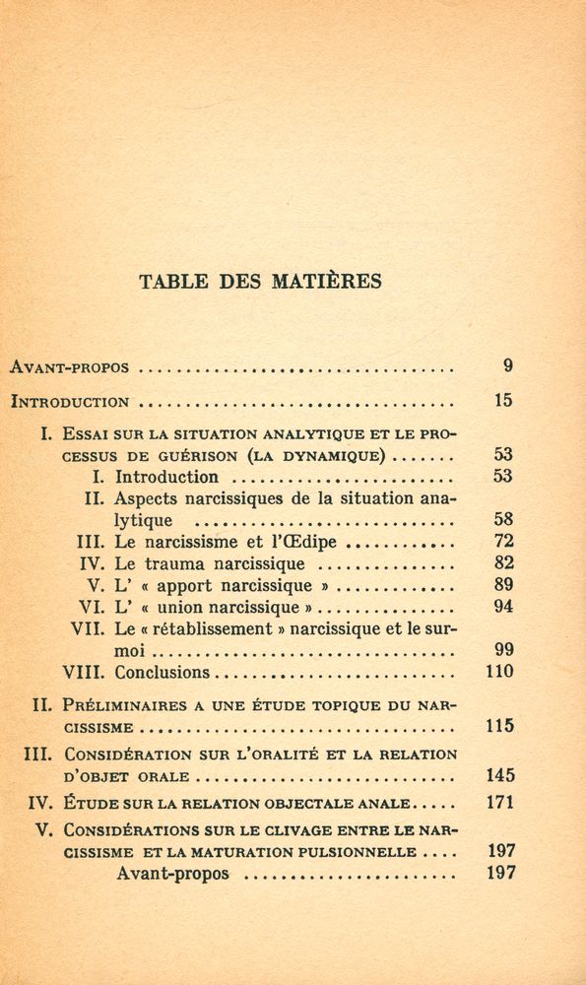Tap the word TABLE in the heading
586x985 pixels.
(x=174, y=281)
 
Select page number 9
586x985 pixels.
(x=507, y=366)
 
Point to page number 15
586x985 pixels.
(x=503, y=401)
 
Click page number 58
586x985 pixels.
(x=503, y=519)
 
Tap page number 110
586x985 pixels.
(x=500, y=672)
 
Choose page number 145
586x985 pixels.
(x=500, y=775)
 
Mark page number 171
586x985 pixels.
(x=500, y=802)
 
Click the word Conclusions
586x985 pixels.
(x=163, y=673)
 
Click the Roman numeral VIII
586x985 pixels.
(x=84, y=673)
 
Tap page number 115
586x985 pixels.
(x=500, y=727)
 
